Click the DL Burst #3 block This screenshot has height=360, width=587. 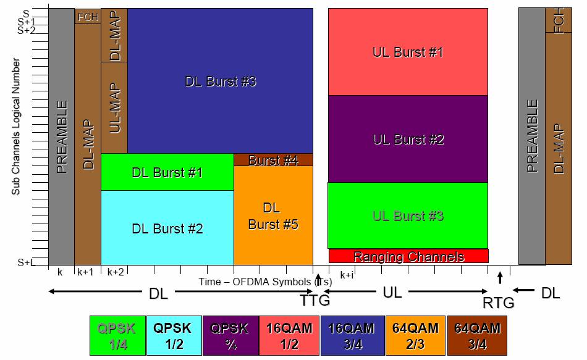click(220, 81)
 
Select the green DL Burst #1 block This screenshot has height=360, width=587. click(167, 172)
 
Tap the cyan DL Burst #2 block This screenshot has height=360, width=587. click(167, 228)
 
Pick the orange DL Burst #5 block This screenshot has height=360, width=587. click(273, 216)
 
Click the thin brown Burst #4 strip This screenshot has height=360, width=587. click(273, 160)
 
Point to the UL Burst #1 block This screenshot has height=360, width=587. click(408, 52)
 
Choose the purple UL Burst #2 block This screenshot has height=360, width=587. click(408, 139)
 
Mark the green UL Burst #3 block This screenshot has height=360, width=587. click(408, 216)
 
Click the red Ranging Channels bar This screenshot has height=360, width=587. click(408, 256)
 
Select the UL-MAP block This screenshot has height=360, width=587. click(114, 107)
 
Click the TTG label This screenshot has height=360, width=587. click(316, 300)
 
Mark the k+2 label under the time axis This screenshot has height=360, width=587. click(116, 272)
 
